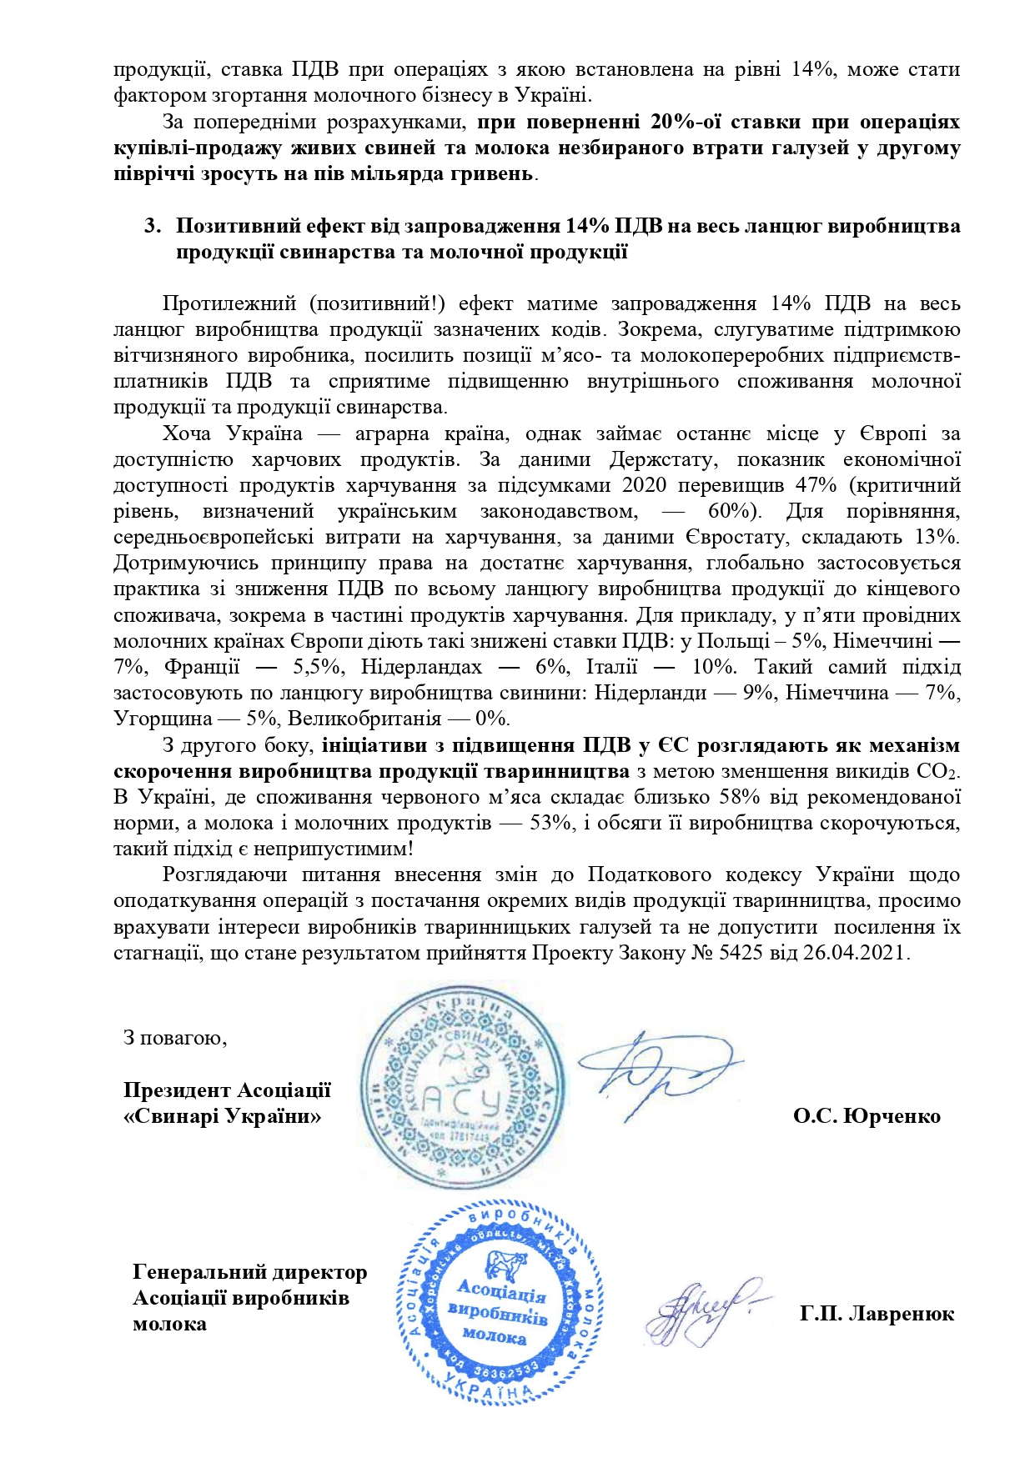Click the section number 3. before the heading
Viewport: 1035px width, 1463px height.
151,226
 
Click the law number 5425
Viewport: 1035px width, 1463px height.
735,953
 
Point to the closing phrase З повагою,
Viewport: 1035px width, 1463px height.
175,1038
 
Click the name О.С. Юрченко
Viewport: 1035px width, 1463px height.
867,1116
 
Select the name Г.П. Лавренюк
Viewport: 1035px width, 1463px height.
877,1315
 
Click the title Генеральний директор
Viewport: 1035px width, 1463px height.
249,1273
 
